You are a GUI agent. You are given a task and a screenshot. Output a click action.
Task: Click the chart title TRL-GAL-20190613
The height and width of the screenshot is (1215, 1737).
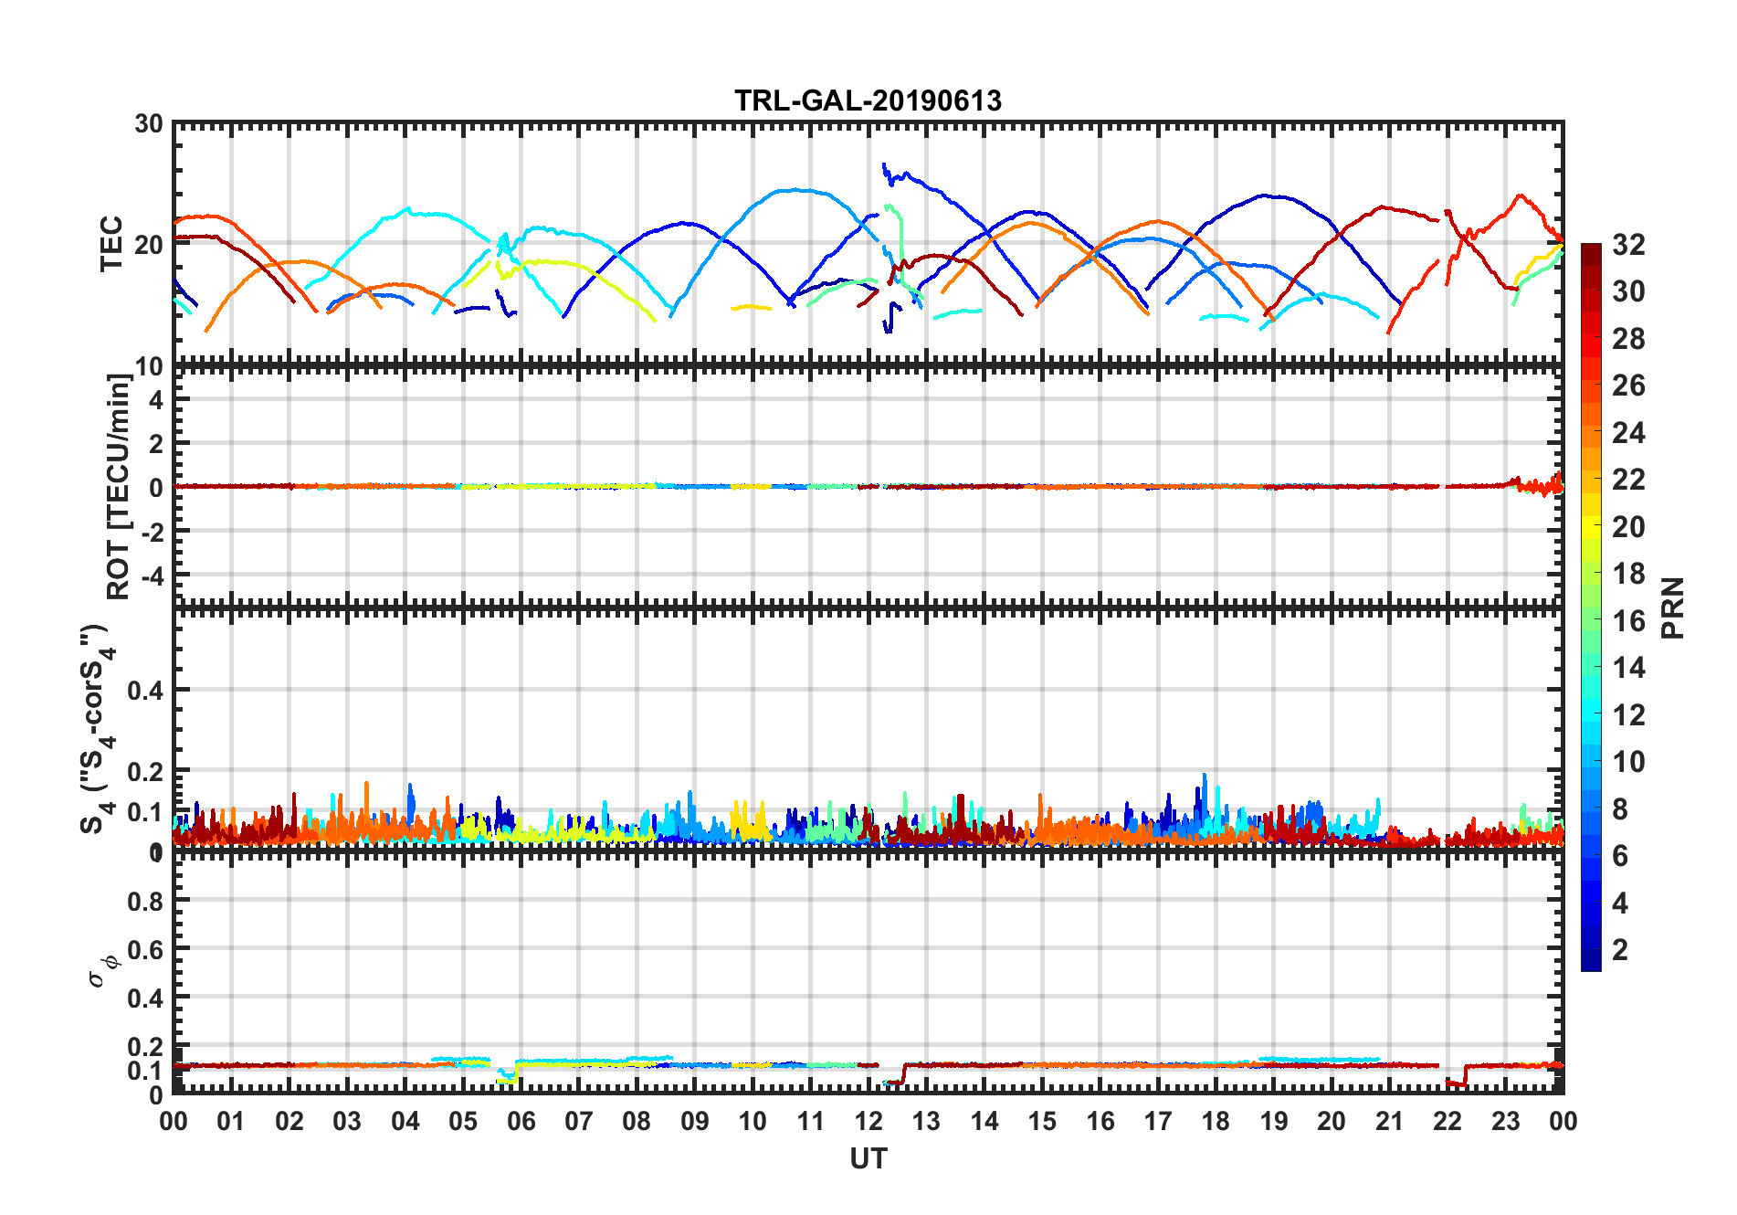coord(868,100)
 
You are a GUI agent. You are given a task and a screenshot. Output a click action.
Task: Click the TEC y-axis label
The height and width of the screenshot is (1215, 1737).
coord(111,244)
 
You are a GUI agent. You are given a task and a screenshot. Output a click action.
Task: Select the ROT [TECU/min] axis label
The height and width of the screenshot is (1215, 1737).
coord(119,486)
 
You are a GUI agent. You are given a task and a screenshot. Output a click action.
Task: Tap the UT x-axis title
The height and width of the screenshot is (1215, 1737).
coord(868,1159)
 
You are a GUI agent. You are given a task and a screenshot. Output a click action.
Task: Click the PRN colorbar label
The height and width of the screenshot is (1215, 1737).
coord(1672,608)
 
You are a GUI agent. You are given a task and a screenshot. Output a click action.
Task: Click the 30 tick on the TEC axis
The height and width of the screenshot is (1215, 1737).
coord(149,124)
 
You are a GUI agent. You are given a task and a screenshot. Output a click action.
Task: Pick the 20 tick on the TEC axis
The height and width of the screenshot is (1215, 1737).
coord(149,245)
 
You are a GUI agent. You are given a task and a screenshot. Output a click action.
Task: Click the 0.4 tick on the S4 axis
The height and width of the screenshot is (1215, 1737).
coord(145,691)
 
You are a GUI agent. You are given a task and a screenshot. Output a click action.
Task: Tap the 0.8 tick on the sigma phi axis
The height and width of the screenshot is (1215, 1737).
coord(145,902)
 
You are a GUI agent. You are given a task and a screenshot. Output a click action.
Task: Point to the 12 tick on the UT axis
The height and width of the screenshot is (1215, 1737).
coord(868,1122)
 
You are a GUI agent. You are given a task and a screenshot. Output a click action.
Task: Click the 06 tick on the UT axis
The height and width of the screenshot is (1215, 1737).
coord(521,1122)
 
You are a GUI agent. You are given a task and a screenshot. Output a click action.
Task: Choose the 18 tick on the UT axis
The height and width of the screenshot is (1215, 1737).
coord(1216,1122)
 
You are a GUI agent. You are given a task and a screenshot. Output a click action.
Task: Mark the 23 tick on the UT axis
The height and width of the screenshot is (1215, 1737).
coord(1505,1122)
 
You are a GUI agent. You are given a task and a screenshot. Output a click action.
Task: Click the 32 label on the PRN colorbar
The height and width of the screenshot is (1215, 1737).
coord(1628,245)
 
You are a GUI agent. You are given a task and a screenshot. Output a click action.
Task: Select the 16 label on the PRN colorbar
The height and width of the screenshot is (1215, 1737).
coord(1628,621)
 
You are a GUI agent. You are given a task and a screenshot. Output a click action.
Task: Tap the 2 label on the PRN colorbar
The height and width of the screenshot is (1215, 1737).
coord(1620,950)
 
